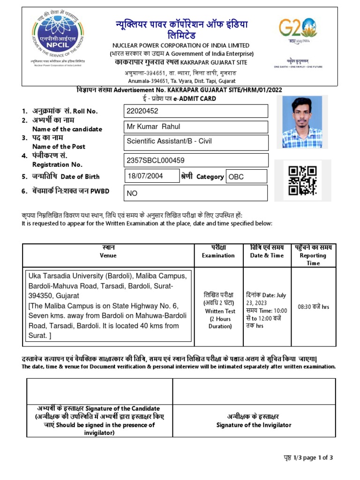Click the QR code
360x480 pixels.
tap(302, 180)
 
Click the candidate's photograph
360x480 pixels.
tap(302, 122)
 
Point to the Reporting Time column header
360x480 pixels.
tap(313, 255)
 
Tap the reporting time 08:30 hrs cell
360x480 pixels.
tap(313, 307)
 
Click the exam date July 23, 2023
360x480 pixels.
tap(267, 299)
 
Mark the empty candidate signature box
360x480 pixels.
tap(100, 391)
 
